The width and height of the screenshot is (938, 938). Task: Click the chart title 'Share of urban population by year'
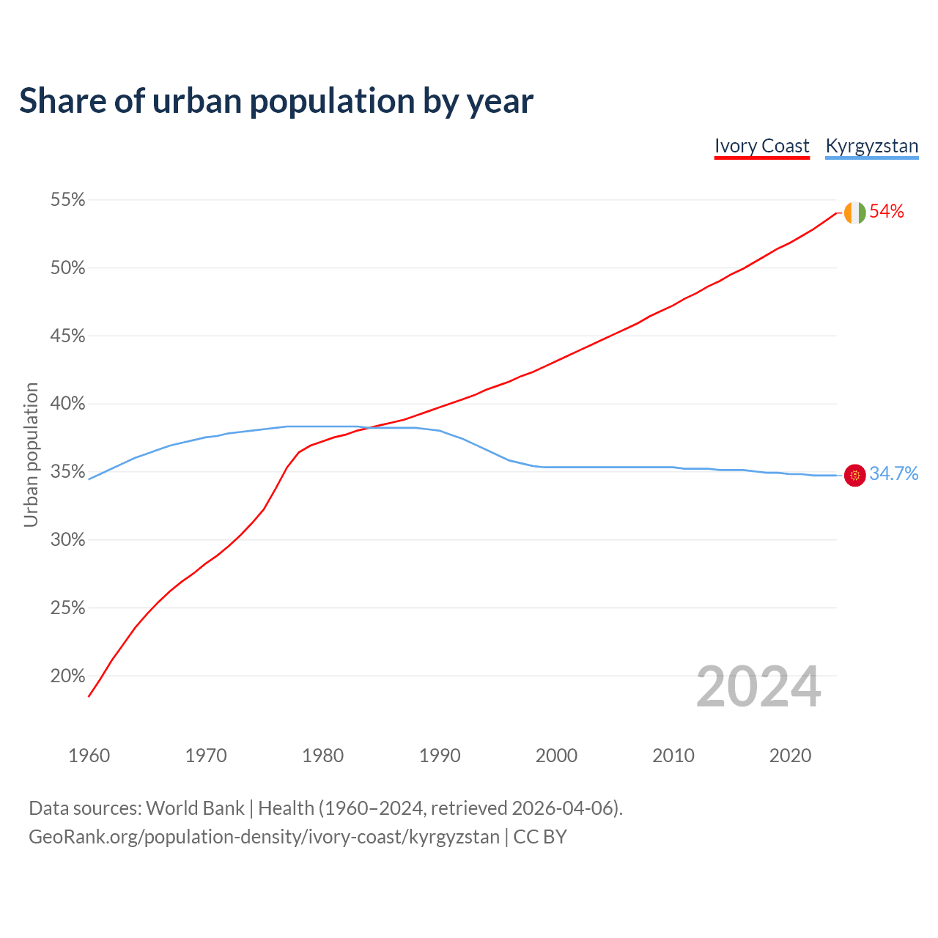276,101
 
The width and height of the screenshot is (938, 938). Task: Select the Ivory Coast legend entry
761,146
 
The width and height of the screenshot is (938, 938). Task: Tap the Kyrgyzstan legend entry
871,146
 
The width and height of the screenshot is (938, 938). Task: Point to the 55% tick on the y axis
67,200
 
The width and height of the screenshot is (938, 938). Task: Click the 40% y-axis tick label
67,404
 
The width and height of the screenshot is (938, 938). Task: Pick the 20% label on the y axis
67,676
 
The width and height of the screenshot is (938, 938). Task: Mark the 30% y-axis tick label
67,540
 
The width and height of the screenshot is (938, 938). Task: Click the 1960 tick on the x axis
89,756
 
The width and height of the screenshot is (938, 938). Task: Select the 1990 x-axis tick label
440,756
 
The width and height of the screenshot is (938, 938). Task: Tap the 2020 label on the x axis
790,756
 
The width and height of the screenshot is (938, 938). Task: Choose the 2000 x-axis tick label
556,756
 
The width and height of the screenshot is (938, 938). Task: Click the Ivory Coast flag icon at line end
854,213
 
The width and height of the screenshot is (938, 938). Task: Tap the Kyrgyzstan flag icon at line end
854,475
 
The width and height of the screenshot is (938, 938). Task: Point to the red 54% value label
887,212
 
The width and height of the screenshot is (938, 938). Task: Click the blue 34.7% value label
893,474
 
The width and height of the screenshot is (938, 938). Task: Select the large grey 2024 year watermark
758,687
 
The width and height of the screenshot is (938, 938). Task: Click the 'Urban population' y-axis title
31,454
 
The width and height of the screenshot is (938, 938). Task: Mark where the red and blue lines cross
366,427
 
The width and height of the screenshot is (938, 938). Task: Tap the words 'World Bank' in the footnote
195,808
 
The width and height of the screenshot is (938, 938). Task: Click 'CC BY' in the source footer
540,837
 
